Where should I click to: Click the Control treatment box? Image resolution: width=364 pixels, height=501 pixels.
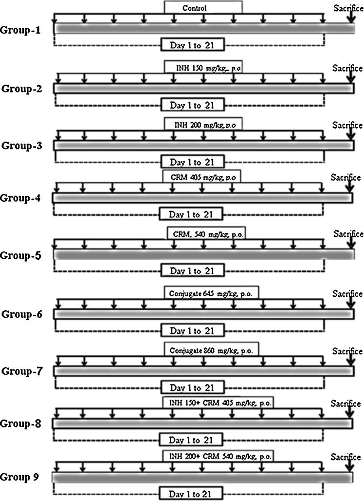[202, 7]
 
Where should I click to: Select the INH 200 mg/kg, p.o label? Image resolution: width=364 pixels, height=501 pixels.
[202, 124]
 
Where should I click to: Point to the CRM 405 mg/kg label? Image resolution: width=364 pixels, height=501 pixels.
[201, 176]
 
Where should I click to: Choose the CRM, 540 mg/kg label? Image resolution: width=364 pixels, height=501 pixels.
[206, 233]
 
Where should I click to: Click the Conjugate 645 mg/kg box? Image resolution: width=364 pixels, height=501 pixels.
[211, 293]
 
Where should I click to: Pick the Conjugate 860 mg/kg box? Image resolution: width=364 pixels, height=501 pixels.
[211, 349]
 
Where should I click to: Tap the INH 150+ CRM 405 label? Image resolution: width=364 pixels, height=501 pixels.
[218, 402]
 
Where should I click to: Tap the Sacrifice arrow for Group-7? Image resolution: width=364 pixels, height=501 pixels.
[349, 362]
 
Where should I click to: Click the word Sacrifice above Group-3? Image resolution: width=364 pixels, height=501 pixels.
[347, 125]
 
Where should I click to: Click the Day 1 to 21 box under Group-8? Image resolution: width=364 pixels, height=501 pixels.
[190, 440]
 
